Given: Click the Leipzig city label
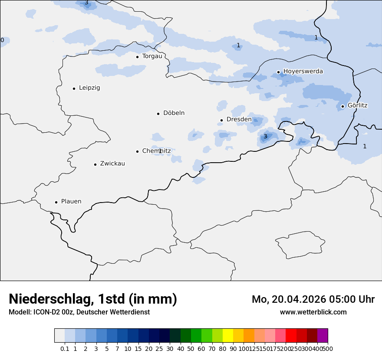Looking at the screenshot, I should tap(89, 88).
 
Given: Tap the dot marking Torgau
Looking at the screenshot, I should tap(137, 57).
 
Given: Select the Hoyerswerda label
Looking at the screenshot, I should tap(303, 72).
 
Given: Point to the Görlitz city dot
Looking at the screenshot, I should tap(342, 106).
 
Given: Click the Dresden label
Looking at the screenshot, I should tap(239, 119).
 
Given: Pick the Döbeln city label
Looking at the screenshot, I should tap(174, 113).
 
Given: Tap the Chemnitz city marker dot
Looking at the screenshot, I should tap(137, 151).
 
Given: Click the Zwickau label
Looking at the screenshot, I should tap(112, 164).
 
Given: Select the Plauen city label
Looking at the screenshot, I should tap(71, 202).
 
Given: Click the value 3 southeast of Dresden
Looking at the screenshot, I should tap(265, 137).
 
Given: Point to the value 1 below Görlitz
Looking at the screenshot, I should tap(365, 147).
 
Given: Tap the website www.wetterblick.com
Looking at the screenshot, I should tap(313, 312).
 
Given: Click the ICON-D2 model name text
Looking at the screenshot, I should tap(46, 312).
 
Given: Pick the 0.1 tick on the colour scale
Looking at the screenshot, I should tap(65, 349).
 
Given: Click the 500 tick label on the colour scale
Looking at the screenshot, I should tap(328, 349).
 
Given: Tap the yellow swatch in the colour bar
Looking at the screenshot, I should tap(227, 336).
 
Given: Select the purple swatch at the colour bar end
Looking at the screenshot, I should tap(323, 336).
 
